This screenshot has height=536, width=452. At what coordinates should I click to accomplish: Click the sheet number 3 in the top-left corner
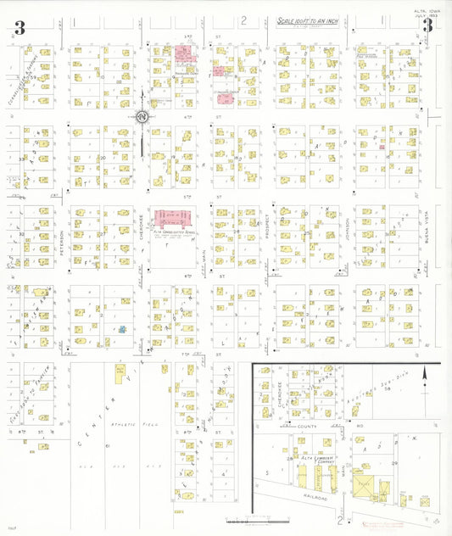[x=20, y=29]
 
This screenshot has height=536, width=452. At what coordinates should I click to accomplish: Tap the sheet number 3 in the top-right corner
[x=428, y=26]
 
